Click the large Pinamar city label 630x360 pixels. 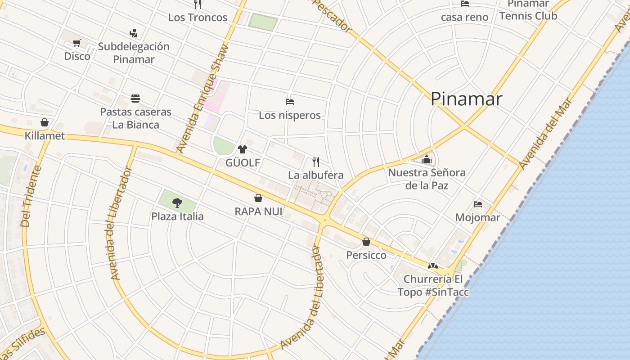pyautogui.click(x=466, y=99)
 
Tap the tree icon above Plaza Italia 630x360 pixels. pyautogui.click(x=177, y=203)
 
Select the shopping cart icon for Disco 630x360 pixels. pyautogui.click(x=76, y=43)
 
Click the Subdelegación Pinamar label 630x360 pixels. pyautogui.click(x=134, y=53)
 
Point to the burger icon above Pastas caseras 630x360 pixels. pyautogui.click(x=135, y=98)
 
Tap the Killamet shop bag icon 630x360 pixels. pyautogui.click(x=45, y=122)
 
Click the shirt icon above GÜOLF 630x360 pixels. pyautogui.click(x=243, y=149)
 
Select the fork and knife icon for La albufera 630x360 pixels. pyautogui.click(x=316, y=162)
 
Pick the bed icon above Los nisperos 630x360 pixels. pyautogui.click(x=290, y=102)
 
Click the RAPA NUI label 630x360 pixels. pyautogui.click(x=258, y=211)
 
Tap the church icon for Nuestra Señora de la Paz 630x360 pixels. pyautogui.click(x=427, y=159)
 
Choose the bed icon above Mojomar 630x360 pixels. pyautogui.click(x=478, y=204)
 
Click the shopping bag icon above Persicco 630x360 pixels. pyautogui.click(x=366, y=242)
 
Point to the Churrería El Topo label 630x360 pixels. pyautogui.click(x=433, y=285)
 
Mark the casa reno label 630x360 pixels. pyautogui.click(x=464, y=17)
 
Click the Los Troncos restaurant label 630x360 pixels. pyautogui.click(x=198, y=18)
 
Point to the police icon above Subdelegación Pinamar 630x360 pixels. pyautogui.click(x=133, y=33)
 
